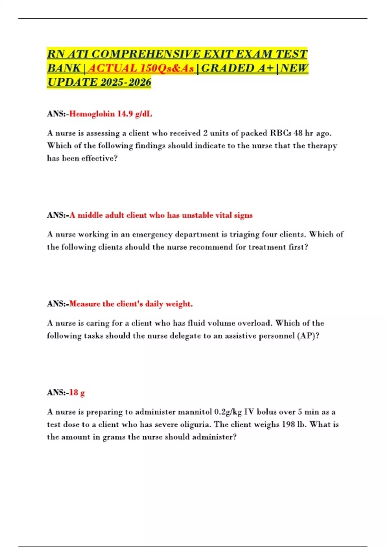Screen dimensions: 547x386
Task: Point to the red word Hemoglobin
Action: click(92, 114)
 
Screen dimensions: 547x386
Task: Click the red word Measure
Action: click(85, 304)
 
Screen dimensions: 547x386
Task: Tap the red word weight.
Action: click(179, 304)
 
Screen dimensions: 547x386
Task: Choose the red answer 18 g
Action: click(77, 393)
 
